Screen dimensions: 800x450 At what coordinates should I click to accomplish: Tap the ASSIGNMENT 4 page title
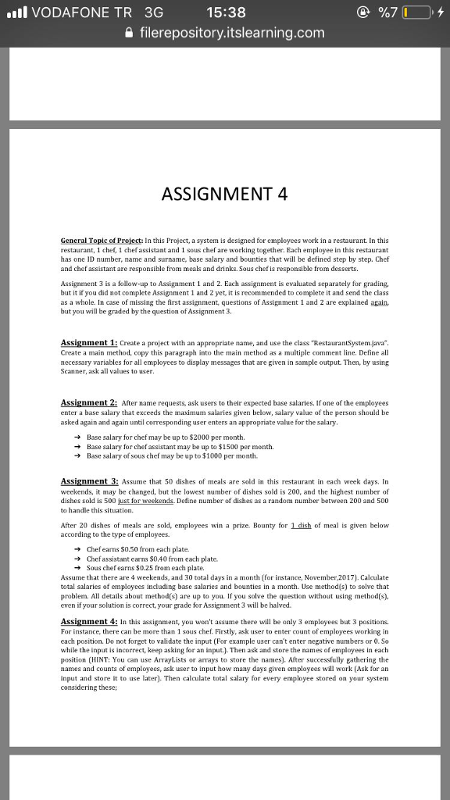pos(224,194)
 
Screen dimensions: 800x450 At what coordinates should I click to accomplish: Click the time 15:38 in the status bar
pos(227,12)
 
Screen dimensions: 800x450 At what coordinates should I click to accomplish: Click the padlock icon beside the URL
pos(129,33)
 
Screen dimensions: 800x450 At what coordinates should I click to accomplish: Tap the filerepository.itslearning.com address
pos(232,33)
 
